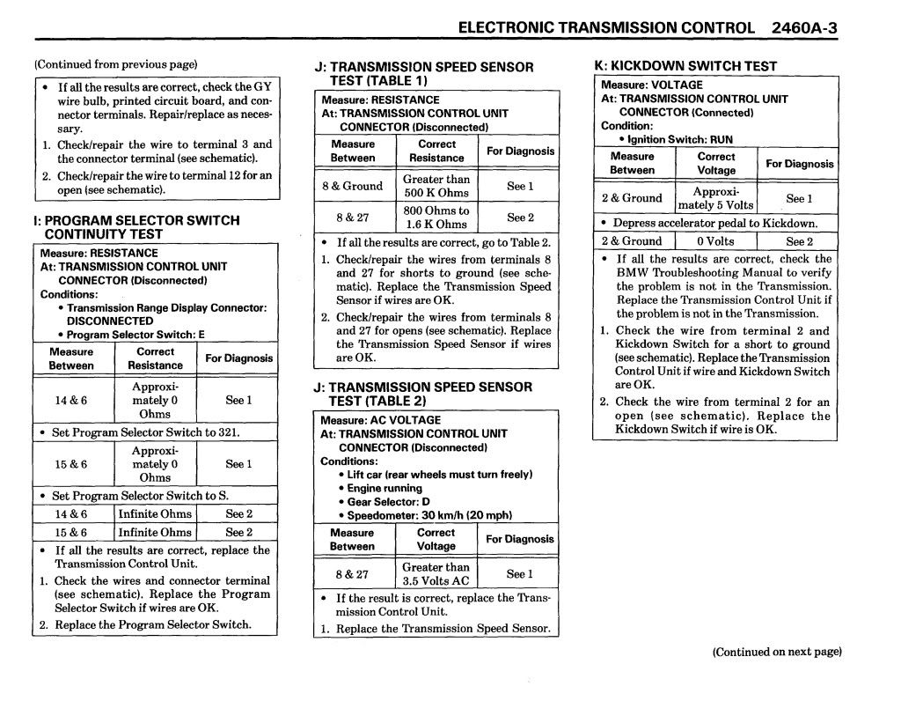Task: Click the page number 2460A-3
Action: point(803,27)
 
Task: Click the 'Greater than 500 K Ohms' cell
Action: point(436,186)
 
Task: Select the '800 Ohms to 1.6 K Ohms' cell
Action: point(436,218)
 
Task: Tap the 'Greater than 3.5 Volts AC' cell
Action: point(436,574)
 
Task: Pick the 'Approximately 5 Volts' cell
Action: point(716,198)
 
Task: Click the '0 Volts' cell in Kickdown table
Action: point(715,241)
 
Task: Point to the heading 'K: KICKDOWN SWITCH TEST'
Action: point(685,66)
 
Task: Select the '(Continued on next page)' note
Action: point(777,653)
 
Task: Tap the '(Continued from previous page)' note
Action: point(115,64)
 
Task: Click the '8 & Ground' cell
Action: point(352,186)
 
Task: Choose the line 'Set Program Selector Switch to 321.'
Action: point(145,432)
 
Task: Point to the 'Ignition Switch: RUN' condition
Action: point(680,139)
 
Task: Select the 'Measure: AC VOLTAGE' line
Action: point(380,420)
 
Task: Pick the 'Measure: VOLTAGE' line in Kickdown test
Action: point(652,85)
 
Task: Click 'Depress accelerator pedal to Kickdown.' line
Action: point(714,224)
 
